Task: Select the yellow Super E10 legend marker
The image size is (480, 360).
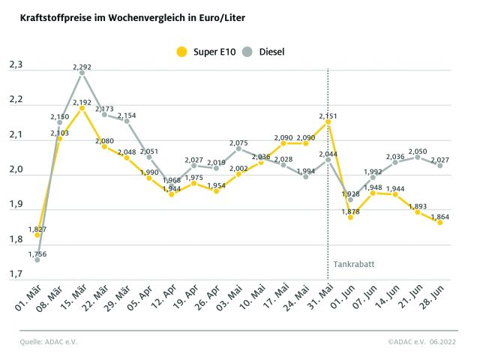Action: pyautogui.click(x=181, y=52)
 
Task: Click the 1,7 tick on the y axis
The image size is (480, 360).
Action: pyautogui.click(x=15, y=275)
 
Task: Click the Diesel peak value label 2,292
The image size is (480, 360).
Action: pyautogui.click(x=82, y=67)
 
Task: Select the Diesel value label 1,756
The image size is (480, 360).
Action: pyautogui.click(x=37, y=254)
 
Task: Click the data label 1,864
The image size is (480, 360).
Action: pyautogui.click(x=440, y=214)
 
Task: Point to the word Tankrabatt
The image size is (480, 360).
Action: pyautogui.click(x=350, y=264)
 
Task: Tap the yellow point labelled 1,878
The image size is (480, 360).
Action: pyautogui.click(x=350, y=217)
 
